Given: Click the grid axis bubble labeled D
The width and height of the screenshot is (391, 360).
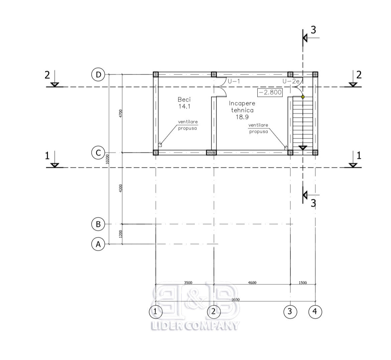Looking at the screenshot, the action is [x=99, y=75].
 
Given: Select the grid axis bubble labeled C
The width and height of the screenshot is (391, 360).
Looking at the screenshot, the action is [x=99, y=153].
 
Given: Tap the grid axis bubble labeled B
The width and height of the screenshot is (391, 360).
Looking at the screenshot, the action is [x=99, y=224].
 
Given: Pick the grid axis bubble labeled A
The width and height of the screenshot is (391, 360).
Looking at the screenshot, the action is [x=99, y=244].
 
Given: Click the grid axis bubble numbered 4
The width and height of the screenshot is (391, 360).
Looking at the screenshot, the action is [x=315, y=312].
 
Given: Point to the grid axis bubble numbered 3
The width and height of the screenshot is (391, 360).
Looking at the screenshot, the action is [x=290, y=312].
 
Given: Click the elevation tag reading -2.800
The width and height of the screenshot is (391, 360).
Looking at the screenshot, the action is [x=270, y=92].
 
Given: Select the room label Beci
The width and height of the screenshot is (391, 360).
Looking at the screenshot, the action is [x=184, y=99].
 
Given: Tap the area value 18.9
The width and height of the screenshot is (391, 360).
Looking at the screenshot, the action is [x=242, y=117].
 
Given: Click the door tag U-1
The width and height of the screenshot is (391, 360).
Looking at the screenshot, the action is [x=234, y=81].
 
